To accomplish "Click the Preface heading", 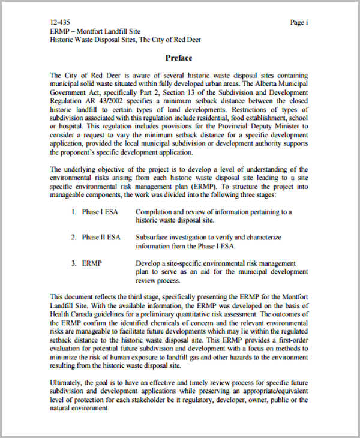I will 179,58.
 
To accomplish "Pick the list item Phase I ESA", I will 100,212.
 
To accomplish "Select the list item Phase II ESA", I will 101,237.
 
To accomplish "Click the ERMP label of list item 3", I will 93,263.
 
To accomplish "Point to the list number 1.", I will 73,212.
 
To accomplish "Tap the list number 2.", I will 73,237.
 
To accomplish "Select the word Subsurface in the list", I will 154,237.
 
